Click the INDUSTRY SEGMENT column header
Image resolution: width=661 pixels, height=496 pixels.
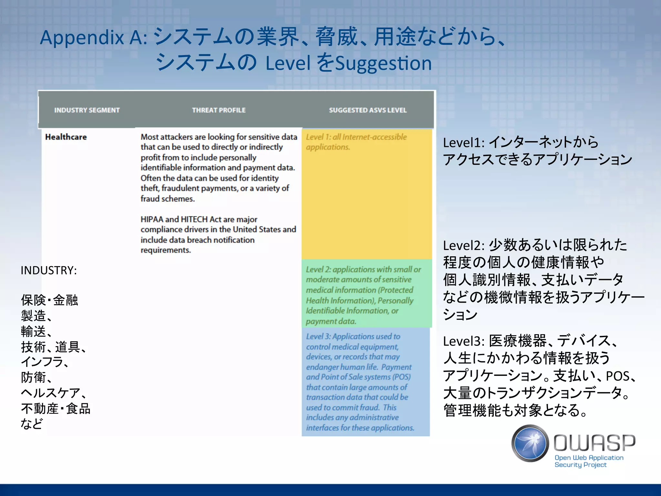87,110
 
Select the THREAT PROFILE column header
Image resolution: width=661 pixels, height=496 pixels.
219,110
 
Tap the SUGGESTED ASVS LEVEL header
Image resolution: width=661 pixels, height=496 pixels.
368,110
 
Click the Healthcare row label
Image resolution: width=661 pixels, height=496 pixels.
66,137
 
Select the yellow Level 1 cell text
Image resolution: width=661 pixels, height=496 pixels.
356,142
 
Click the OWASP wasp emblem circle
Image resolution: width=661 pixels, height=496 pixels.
530,443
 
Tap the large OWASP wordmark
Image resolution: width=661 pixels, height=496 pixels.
595,442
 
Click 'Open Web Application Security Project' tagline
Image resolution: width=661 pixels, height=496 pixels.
589,461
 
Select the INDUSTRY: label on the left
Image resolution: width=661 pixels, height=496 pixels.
49,270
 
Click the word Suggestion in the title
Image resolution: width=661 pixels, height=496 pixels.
383,63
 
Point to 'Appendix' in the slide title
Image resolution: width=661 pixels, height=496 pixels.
82,37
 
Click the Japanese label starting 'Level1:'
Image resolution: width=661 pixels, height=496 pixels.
537,150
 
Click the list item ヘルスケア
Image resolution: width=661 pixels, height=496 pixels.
53,393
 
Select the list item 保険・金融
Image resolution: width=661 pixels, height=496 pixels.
49,300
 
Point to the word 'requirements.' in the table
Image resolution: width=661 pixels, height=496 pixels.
166,250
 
